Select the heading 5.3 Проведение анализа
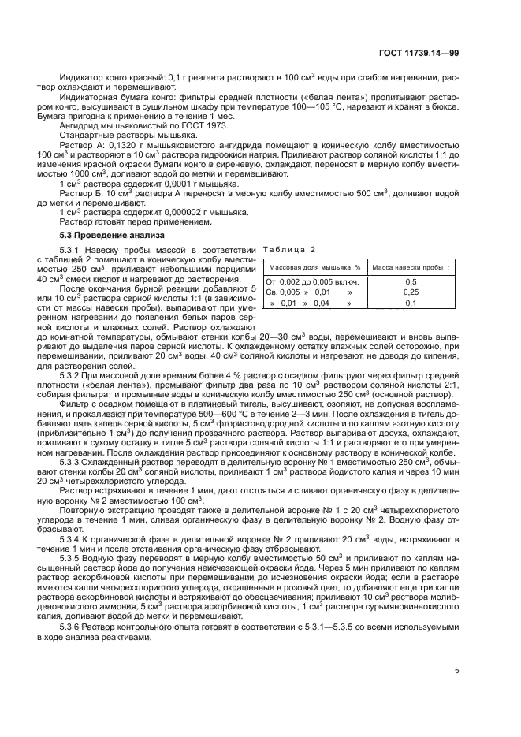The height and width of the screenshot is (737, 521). (x=113, y=235)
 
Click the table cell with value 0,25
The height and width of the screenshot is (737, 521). (x=411, y=292)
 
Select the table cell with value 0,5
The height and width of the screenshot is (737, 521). (x=411, y=281)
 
